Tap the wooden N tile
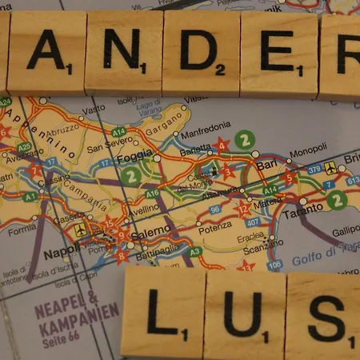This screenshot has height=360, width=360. click(x=123, y=52)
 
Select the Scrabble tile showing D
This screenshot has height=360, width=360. click(x=200, y=53)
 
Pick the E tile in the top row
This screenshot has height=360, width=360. click(x=278, y=54)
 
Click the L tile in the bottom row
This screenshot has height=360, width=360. click(x=163, y=314)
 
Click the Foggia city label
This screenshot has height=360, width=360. click(x=134, y=157)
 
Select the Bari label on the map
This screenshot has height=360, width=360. click(x=266, y=165)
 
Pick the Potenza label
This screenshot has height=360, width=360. click(x=214, y=226)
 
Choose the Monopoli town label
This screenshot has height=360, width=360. click(x=307, y=151)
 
